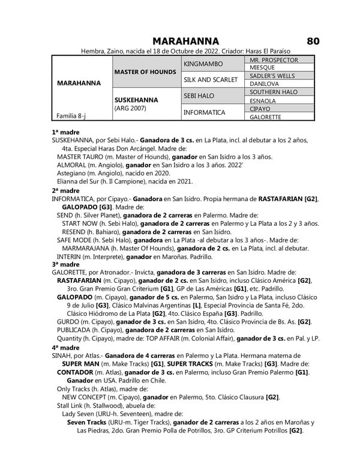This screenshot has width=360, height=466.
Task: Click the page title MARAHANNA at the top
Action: click(x=185, y=41)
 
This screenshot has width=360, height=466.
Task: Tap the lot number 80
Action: click(x=313, y=41)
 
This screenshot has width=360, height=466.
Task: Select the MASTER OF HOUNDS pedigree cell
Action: click(x=145, y=72)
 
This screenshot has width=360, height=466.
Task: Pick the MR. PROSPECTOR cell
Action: click(x=273, y=60)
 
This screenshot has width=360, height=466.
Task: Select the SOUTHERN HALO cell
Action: click(x=274, y=92)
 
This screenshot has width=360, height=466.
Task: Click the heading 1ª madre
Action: click(x=65, y=132)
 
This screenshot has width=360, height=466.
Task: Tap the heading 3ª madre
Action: click(x=65, y=264)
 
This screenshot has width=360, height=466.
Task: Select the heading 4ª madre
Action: click(x=65, y=348)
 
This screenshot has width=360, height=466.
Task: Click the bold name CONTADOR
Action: click(x=75, y=372)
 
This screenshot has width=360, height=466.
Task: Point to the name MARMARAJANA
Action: click(x=86, y=248)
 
